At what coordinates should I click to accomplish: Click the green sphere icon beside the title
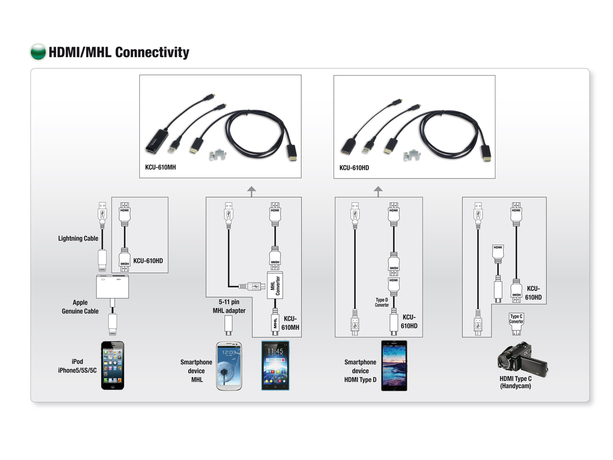[x=38, y=52]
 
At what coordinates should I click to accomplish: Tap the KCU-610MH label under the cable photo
[x=160, y=167]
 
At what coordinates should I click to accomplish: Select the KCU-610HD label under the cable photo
[x=354, y=168]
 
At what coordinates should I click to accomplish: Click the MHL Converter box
[x=275, y=286]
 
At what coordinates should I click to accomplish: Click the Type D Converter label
[x=382, y=302]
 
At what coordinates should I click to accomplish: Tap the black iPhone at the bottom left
[x=112, y=365]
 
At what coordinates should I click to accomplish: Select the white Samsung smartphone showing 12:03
[x=229, y=366]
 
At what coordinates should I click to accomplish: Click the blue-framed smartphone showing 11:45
[x=275, y=365]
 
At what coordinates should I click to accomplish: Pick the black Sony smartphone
[x=394, y=365]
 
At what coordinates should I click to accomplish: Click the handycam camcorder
[x=522, y=359]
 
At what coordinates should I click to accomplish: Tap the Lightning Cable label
[x=78, y=238]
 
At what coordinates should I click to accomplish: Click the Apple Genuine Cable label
[x=80, y=307]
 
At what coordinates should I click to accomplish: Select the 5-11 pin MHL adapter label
[x=229, y=306]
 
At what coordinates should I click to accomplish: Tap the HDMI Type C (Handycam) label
[x=515, y=382]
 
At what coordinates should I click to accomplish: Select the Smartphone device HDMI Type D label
[x=360, y=371]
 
